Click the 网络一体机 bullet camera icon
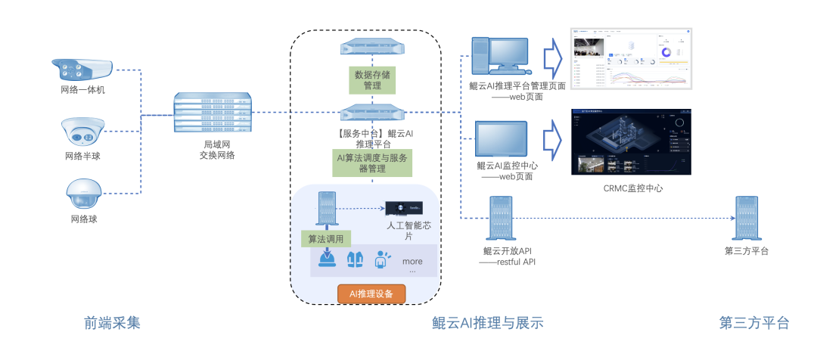[x=82, y=70]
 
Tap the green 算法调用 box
[x=327, y=239]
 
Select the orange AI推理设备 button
[x=371, y=293]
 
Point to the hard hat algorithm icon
[x=327, y=259]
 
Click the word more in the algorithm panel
[x=412, y=262]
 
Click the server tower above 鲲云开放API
[x=503, y=218]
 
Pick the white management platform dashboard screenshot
[x=631, y=59]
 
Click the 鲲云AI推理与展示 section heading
[x=488, y=323]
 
